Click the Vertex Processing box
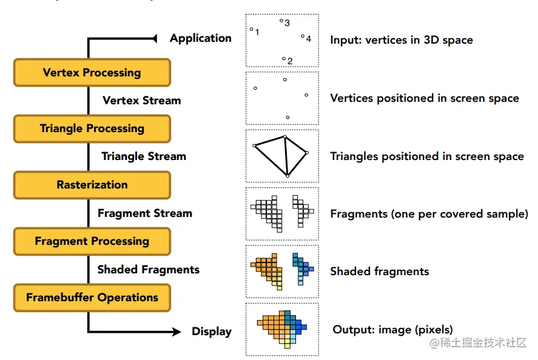(x=92, y=73)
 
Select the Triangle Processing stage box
(x=92, y=128)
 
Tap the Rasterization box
(x=92, y=185)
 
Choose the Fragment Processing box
(x=92, y=241)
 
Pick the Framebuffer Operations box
(x=92, y=298)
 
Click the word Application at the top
(x=200, y=38)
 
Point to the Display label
(x=212, y=332)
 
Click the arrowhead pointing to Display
(x=177, y=332)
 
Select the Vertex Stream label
(x=141, y=101)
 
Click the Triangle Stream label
(x=143, y=156)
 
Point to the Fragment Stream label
(x=144, y=213)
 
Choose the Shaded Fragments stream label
(x=148, y=270)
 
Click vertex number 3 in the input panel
(x=281, y=21)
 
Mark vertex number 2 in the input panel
(x=284, y=59)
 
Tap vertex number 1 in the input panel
(x=252, y=29)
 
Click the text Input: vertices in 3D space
(x=401, y=40)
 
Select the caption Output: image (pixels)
(x=392, y=330)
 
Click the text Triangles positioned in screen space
(x=426, y=156)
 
